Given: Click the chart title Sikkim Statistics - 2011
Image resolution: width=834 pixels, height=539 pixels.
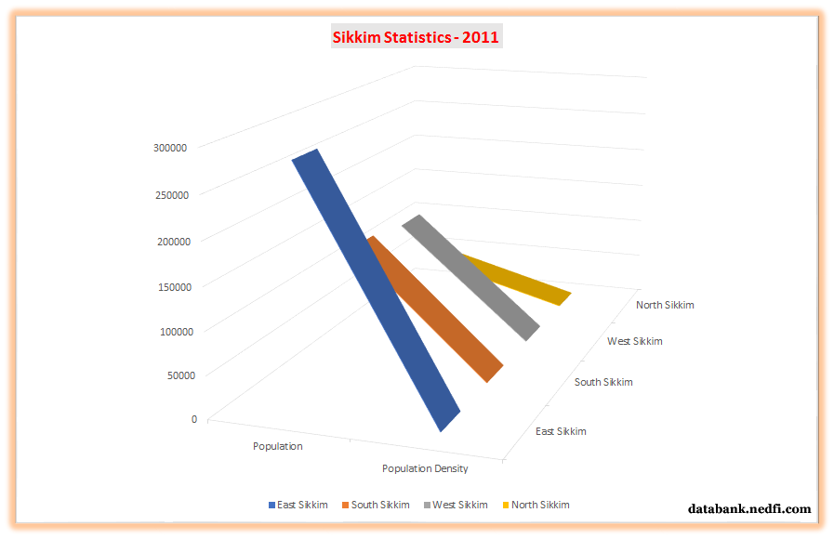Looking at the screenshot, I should pos(416,37).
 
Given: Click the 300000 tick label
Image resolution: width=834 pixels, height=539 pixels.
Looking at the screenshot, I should pos(171,147).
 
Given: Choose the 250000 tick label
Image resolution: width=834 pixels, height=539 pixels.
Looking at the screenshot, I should pos(171,194).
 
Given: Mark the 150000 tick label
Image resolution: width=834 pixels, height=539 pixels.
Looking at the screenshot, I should pos(171,286).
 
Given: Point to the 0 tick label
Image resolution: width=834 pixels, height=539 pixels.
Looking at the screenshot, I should pos(194,419).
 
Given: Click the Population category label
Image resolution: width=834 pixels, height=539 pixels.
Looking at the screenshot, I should pos(278,446).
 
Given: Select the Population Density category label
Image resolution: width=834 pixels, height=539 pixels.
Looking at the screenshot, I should pos(425,468).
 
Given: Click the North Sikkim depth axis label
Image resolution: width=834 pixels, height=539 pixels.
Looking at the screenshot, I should pos(665,305).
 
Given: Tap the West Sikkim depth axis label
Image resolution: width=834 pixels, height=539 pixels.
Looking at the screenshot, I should pos(635,341).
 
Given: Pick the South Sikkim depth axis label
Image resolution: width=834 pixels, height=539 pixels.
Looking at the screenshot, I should pos(603,382).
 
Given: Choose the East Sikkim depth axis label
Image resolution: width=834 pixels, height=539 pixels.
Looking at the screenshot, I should pos(562,431).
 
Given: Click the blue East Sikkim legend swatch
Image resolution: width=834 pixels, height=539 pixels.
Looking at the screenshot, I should pos(271,506).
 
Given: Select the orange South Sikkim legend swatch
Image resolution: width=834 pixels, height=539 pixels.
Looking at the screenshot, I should pos(345,506).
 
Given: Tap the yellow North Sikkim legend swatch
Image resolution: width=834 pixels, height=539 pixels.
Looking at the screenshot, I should pos(506,506).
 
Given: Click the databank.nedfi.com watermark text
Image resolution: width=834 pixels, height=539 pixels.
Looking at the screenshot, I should pos(749,509).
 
